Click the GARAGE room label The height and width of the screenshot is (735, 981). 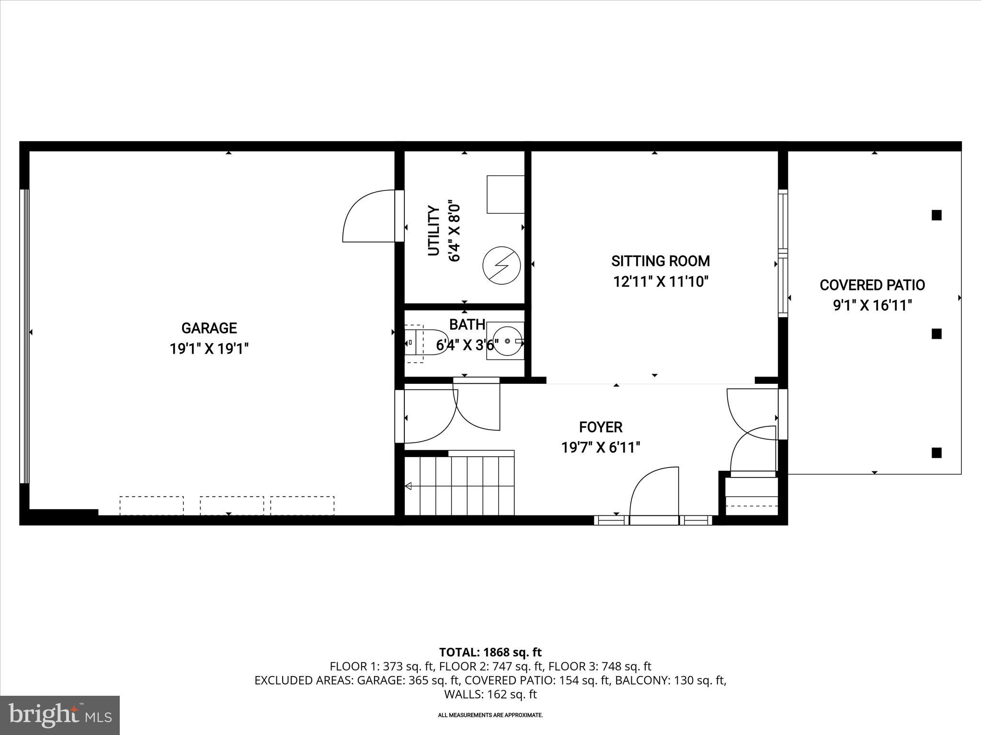[209, 328]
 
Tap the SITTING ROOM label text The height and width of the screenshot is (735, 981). [661, 261]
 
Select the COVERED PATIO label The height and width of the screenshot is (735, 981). [872, 285]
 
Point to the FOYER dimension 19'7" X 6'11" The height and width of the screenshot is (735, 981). [601, 448]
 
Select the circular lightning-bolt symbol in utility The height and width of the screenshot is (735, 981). [502, 266]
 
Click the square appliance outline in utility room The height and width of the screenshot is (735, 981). [505, 194]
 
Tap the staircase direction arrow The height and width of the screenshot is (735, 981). [409, 487]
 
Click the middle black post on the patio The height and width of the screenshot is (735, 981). [936, 334]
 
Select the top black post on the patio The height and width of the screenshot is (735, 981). [936, 215]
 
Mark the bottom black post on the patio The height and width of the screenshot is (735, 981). [936, 453]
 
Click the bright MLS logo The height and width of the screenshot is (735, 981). [60, 715]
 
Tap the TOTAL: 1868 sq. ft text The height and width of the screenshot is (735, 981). [490, 652]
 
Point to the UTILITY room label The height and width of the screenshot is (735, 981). [433, 231]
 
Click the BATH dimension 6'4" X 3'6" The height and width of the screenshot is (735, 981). [467, 345]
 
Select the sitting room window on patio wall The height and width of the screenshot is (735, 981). [783, 254]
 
